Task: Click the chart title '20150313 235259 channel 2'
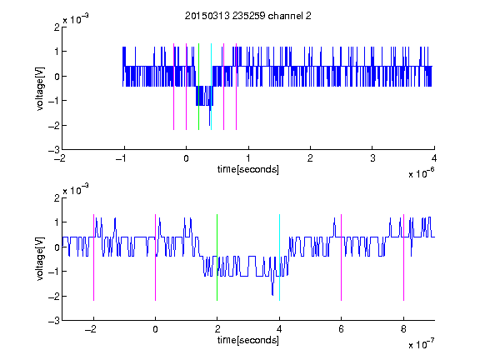248,16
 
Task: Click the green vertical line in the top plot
198,87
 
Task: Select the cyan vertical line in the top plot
211,87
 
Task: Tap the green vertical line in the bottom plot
217,257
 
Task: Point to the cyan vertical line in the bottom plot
279,257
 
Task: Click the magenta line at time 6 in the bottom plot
342,257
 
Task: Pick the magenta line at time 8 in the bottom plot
404,257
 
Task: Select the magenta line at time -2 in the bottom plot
93,257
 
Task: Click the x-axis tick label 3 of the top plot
372,158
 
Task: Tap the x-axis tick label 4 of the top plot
434,158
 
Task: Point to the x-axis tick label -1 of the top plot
122,158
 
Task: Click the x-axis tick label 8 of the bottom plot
403,329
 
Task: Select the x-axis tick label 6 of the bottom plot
342,329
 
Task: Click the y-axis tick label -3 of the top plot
54,150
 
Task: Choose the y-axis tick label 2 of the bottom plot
57,197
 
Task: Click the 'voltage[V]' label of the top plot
40,88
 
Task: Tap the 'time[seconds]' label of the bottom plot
248,340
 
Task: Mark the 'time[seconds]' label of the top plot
248,169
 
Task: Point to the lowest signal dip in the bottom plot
272,294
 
